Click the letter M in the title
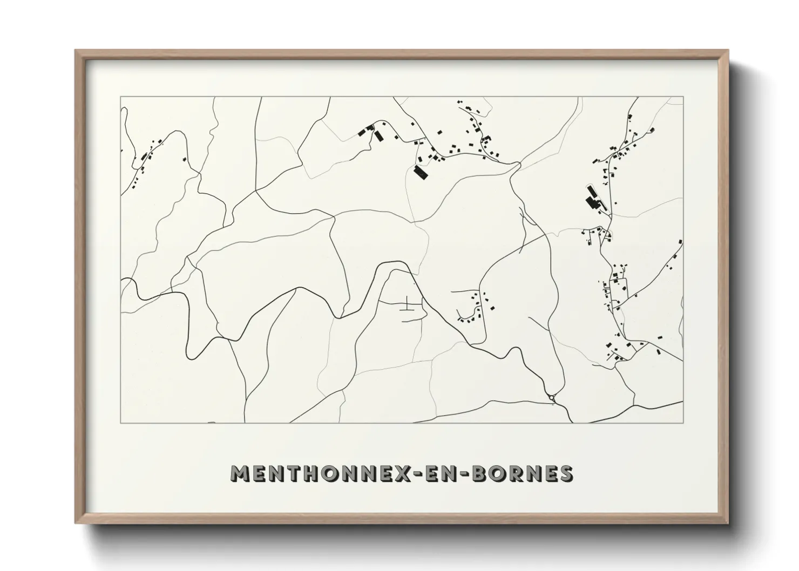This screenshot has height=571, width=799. coord(241,473)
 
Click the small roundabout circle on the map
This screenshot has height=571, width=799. coord(551,398)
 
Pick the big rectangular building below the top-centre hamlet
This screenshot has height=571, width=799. coord(420,172)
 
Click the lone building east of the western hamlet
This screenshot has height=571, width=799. coord(184,160)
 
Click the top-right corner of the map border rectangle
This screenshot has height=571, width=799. coord(683,97)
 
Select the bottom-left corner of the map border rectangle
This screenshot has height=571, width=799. coord(120,423)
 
